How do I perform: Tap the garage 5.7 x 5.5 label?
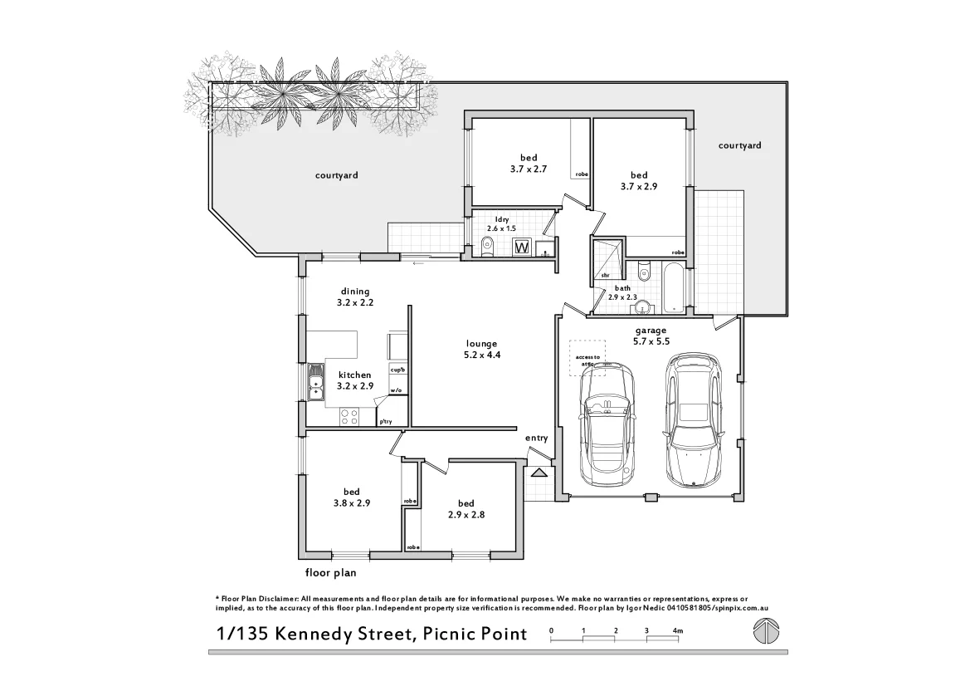click(651, 336)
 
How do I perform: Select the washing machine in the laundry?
click(522, 247)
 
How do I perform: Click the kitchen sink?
click(315, 383)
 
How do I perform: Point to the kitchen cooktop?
click(349, 418)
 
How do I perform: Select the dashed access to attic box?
click(587, 358)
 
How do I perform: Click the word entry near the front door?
click(536, 438)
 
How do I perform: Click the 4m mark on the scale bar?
click(677, 631)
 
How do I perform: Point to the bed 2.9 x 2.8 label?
click(466, 509)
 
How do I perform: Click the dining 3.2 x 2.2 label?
click(355, 297)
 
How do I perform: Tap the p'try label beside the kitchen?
click(386, 422)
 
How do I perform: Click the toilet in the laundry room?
click(487, 245)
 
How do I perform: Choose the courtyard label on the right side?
click(739, 145)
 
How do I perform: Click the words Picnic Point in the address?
click(475, 635)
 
